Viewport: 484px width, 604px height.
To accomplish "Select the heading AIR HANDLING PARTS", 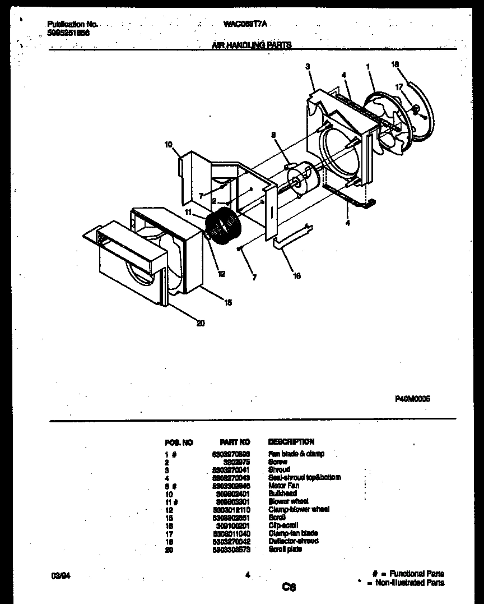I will click(252, 45).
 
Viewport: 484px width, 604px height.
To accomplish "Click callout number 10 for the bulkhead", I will click(168, 145).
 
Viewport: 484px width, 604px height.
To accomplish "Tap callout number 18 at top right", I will click(395, 64).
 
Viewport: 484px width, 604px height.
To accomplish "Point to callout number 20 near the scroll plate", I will click(201, 322).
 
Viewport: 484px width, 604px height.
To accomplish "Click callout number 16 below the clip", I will click(296, 275).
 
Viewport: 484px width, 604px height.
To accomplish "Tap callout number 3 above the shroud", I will click(308, 66).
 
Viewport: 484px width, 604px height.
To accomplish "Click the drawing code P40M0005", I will click(413, 399).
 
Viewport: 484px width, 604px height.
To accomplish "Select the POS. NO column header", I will click(179, 442).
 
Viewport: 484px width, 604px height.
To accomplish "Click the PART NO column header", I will click(235, 442).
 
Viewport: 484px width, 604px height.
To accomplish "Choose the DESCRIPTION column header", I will click(291, 442).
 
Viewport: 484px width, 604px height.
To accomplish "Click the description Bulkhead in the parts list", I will click(282, 493).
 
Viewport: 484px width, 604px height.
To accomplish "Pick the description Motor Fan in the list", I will click(283, 485).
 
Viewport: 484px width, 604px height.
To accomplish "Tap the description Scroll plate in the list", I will click(285, 549).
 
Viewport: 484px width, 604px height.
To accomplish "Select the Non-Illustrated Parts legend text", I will click(409, 583).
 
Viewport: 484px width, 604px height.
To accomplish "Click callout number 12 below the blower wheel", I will click(222, 274).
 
